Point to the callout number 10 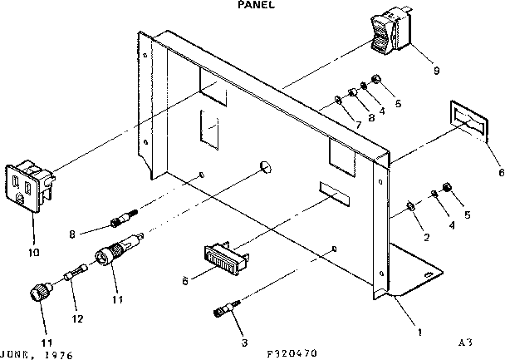click(32, 250)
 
